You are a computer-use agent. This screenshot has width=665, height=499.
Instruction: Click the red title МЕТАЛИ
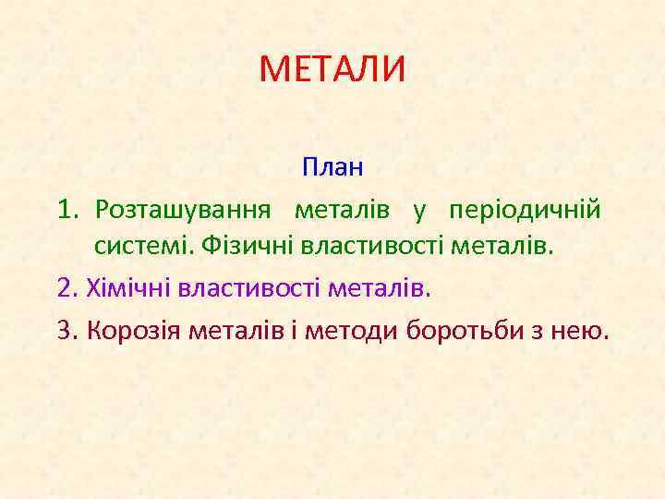[x=332, y=69]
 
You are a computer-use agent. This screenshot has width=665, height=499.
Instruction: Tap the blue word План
[x=332, y=168]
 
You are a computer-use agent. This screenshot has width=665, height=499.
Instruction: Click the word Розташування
[x=184, y=210]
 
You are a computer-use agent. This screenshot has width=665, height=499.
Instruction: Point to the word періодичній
[x=526, y=210]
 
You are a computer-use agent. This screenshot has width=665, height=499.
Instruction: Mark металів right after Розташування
[x=343, y=210]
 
